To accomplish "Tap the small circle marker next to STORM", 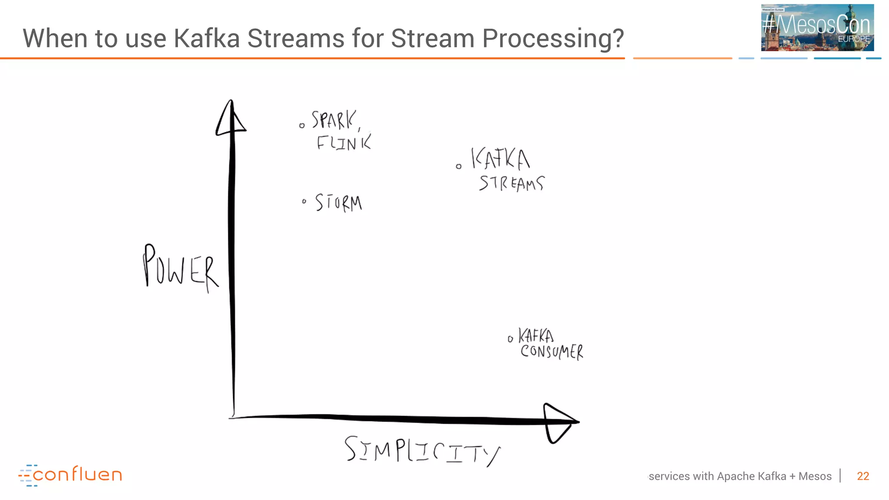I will (x=304, y=201).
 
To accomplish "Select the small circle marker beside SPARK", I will (x=302, y=126).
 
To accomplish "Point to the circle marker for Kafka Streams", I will (x=459, y=166).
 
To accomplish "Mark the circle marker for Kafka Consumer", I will (x=510, y=339).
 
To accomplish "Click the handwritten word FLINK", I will (x=344, y=142).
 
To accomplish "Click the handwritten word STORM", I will (x=339, y=203).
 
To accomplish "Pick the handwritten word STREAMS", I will (x=512, y=183).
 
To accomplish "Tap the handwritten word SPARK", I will (x=333, y=120).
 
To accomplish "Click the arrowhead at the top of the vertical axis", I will (x=231, y=118).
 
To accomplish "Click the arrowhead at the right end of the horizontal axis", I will (x=560, y=422).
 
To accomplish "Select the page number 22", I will (x=863, y=476).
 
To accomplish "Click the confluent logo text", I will (x=77, y=475).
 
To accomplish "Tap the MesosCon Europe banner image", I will (x=817, y=28).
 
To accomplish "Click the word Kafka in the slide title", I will (x=207, y=38).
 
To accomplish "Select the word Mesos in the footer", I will (x=815, y=476).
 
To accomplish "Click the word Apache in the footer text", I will (x=736, y=476).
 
